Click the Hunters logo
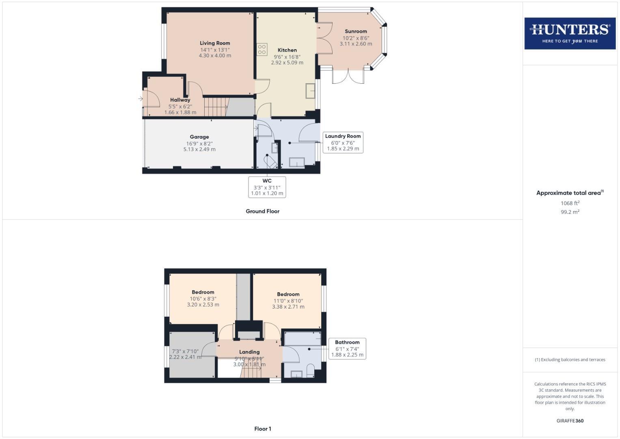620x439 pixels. tap(570, 33)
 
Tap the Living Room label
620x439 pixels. tap(215, 43)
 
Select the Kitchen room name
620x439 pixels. tap(287, 50)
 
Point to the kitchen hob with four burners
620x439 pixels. tap(262, 50)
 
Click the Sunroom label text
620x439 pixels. tap(356, 31)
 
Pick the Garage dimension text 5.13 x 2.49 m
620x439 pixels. tap(199, 149)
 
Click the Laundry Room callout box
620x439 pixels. tap(343, 142)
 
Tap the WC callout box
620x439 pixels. tap(267, 187)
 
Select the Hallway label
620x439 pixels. tap(180, 100)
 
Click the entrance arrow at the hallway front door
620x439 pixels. tap(140, 99)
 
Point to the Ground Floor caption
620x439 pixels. tap(262, 211)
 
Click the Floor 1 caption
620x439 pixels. tap(262, 429)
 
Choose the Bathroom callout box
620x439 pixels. tap(347, 348)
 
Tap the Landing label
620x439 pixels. tap(249, 352)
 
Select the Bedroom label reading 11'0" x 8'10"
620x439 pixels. tap(288, 294)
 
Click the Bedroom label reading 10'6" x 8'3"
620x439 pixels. tap(203, 292)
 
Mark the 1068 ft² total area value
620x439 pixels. tap(570, 203)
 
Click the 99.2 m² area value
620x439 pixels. tap(570, 212)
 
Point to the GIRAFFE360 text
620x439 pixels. tap(570, 421)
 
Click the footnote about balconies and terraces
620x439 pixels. tap(570, 360)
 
